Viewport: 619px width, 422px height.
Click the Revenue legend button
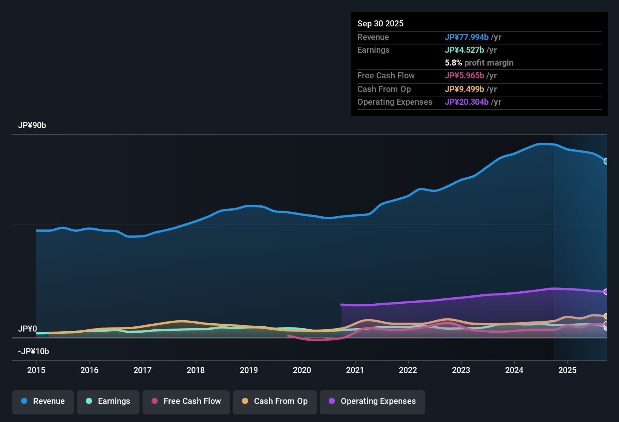pos(43,401)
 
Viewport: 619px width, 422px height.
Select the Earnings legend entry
pos(108,401)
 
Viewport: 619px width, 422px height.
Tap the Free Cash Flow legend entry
pos(186,401)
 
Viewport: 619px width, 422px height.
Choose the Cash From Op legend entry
pos(275,401)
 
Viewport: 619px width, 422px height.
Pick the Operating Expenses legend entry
pos(372,401)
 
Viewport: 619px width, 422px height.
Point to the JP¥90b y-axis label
pos(32,125)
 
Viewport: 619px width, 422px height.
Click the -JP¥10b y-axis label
pos(34,352)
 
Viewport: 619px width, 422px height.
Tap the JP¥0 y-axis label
pos(28,329)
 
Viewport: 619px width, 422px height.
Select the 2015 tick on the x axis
pos(36,370)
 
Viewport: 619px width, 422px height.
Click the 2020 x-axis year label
pos(302,370)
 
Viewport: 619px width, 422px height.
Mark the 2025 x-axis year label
pos(567,370)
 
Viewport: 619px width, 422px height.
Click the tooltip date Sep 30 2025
pos(380,24)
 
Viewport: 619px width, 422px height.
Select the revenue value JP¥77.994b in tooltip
pos(466,37)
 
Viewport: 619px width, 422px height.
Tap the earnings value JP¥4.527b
pos(464,50)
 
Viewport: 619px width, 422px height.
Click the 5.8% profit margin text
pos(479,63)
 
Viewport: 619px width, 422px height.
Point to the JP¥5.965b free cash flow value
pos(464,76)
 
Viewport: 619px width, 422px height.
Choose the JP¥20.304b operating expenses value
pos(466,102)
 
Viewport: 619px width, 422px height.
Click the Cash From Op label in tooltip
pos(384,89)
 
